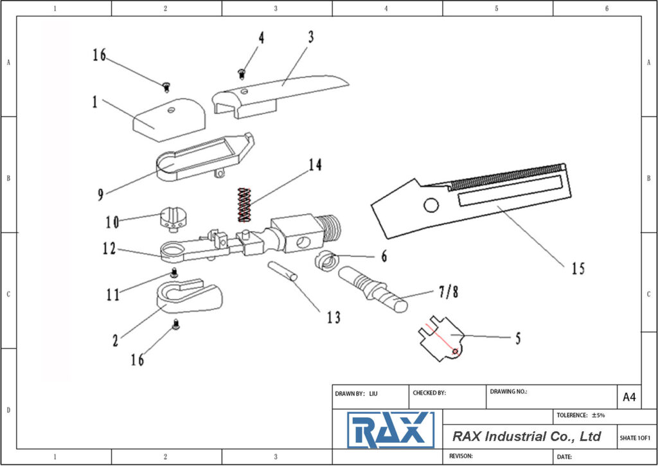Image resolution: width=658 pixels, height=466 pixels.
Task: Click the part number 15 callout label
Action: pyautogui.click(x=578, y=269)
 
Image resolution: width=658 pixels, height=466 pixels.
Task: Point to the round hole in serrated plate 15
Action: pyautogui.click(x=431, y=205)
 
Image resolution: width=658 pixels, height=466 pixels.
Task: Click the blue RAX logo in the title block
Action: pyautogui.click(x=390, y=429)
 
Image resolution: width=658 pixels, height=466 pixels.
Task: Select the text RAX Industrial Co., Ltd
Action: pyautogui.click(x=526, y=436)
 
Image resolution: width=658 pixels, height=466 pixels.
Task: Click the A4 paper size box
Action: pyautogui.click(x=629, y=397)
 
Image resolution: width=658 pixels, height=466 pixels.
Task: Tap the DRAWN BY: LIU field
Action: pyautogui.click(x=357, y=393)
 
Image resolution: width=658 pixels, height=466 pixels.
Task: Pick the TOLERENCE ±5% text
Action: pyautogui.click(x=580, y=415)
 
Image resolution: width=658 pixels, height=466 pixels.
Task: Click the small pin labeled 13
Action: pyautogui.click(x=283, y=269)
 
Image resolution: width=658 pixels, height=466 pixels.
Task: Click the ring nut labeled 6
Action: pyautogui.click(x=328, y=261)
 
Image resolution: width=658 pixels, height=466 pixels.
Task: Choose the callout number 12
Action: pyautogui.click(x=109, y=248)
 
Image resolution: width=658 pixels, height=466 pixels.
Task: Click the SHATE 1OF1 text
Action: pyautogui.click(x=635, y=438)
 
